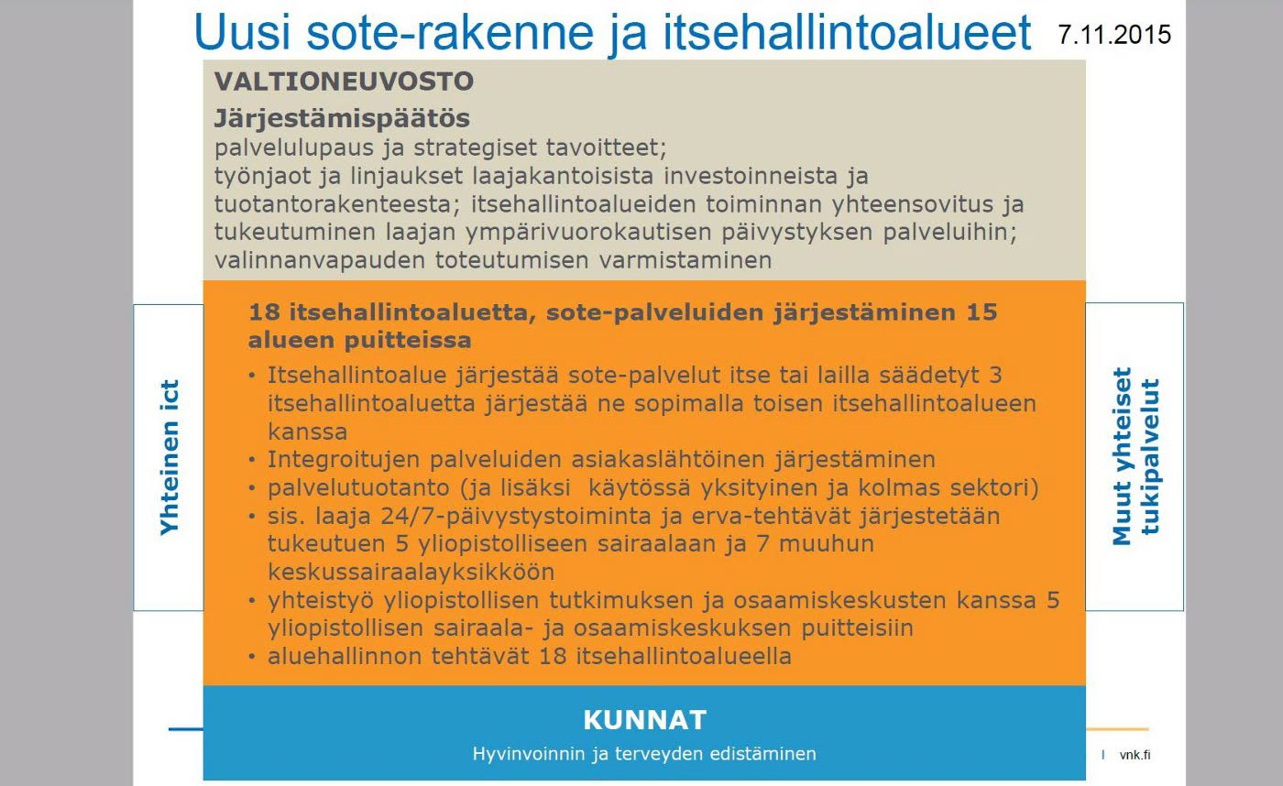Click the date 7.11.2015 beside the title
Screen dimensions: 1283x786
click(x=1114, y=35)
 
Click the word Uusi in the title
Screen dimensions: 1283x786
click(x=243, y=32)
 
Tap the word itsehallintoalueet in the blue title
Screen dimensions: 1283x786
click(x=847, y=32)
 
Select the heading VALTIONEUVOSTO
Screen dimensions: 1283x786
click(x=345, y=82)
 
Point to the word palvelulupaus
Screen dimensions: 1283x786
click(x=293, y=148)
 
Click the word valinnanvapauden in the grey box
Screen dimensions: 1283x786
click(x=320, y=260)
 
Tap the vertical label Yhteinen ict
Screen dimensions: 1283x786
click(x=169, y=457)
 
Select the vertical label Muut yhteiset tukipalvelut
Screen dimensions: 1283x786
click(x=1135, y=456)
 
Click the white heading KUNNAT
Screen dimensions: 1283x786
click(x=645, y=720)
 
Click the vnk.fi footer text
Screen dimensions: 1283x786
click(x=1135, y=755)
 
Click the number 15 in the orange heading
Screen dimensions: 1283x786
click(x=981, y=312)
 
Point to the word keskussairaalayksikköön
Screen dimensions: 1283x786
click(x=411, y=572)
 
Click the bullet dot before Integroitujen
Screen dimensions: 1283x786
click(x=252, y=460)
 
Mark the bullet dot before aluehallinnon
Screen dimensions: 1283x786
click(x=252, y=657)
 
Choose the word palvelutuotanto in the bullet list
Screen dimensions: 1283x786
click(x=358, y=488)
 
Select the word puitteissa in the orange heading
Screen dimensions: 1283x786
click(x=408, y=341)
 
